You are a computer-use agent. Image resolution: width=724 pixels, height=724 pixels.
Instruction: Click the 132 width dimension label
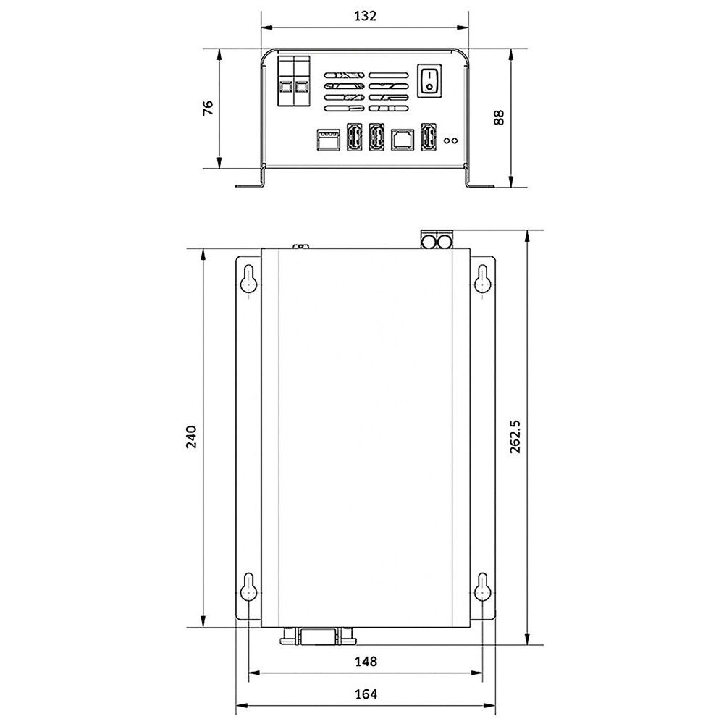click(x=365, y=16)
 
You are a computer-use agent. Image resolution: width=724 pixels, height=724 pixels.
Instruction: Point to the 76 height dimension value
click(x=208, y=108)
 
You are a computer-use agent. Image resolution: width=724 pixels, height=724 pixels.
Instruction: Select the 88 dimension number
click(x=499, y=117)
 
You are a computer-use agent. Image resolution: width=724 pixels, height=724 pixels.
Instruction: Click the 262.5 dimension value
click(x=515, y=437)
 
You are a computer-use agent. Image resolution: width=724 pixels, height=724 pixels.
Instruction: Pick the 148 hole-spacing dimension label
click(x=366, y=662)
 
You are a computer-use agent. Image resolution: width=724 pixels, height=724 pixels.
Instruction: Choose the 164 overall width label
click(x=366, y=694)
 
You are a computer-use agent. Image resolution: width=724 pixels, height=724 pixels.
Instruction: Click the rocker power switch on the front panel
click(x=429, y=81)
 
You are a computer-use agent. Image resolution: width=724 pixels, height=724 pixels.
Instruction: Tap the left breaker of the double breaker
click(x=286, y=81)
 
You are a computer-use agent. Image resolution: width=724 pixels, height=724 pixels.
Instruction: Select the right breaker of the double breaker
click(x=301, y=81)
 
